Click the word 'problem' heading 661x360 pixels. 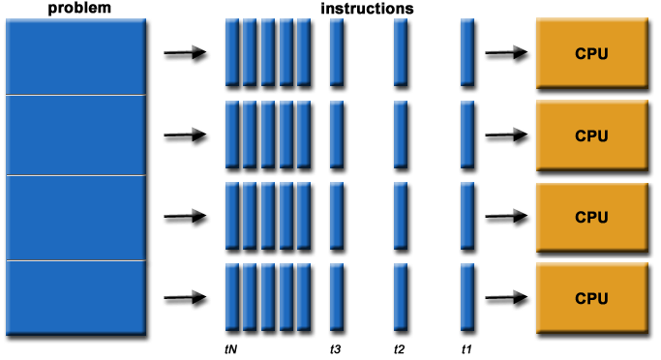click(x=75, y=8)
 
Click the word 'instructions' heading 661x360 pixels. click(x=367, y=8)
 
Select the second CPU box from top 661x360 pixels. click(x=590, y=135)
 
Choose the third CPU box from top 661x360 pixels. click(x=590, y=217)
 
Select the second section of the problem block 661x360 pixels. click(x=75, y=135)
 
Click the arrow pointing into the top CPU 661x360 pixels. click(x=505, y=53)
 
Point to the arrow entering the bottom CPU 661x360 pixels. click(x=505, y=297)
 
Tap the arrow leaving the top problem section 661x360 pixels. click(x=185, y=53)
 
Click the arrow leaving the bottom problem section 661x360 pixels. click(x=185, y=297)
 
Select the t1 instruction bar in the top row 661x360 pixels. click(x=466, y=52)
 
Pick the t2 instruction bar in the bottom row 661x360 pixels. click(x=401, y=296)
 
